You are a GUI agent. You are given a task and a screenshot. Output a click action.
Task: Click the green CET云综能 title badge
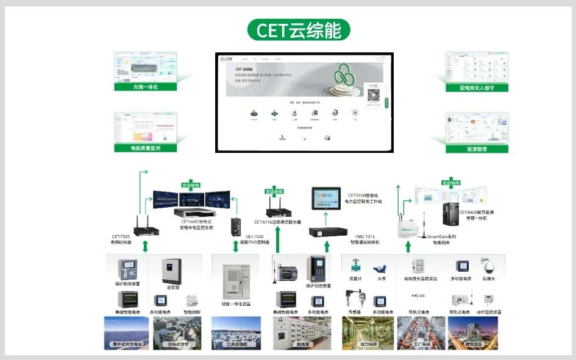point(299,30)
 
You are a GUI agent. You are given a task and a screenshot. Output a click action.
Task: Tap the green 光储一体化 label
point(145,86)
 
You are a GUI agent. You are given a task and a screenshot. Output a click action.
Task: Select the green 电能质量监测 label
point(145,147)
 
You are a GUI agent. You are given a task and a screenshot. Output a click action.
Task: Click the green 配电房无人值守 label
point(477,87)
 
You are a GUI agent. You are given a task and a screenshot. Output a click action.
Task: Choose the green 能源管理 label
point(477,148)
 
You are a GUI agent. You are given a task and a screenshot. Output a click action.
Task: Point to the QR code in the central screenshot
point(373,96)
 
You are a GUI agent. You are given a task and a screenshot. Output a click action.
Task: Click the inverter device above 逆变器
point(171,270)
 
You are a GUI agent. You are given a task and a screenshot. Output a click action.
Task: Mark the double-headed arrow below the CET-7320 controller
point(145,246)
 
